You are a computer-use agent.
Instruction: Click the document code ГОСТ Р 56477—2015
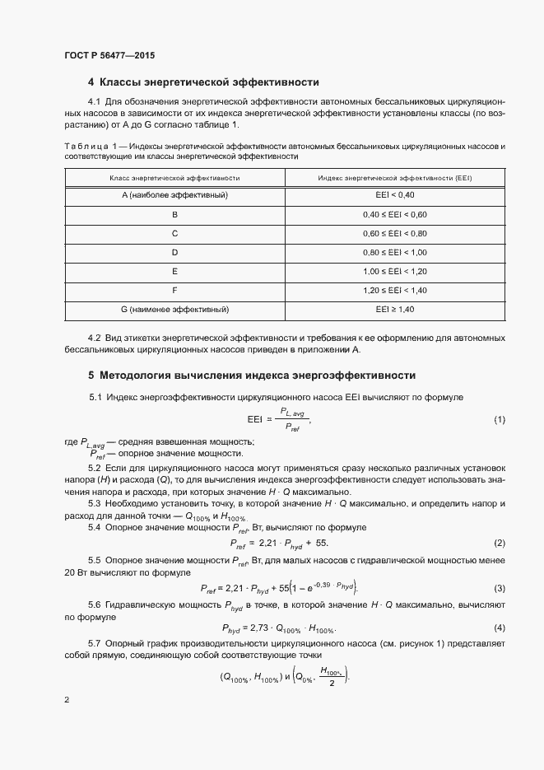pyautogui.click(x=109, y=55)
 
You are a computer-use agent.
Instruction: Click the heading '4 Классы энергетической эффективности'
pyautogui.click(x=203, y=82)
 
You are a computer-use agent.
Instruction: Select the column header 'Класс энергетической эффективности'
pyautogui.click(x=174, y=178)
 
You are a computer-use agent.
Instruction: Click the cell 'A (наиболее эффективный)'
pyautogui.click(x=174, y=196)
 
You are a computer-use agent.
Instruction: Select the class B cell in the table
pyautogui.click(x=174, y=215)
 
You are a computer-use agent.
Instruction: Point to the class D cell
pyautogui.click(x=174, y=253)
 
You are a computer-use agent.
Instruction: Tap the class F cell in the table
pyautogui.click(x=174, y=291)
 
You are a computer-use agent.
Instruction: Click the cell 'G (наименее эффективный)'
pyautogui.click(x=174, y=310)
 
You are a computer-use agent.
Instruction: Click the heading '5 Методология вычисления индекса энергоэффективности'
pyautogui.click(x=251, y=376)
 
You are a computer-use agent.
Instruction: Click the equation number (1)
pyautogui.click(x=499, y=420)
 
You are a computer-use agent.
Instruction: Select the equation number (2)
pyautogui.click(x=499, y=544)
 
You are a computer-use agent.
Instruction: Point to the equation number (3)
pyautogui.click(x=499, y=588)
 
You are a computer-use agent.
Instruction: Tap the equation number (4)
pyautogui.click(x=499, y=628)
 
